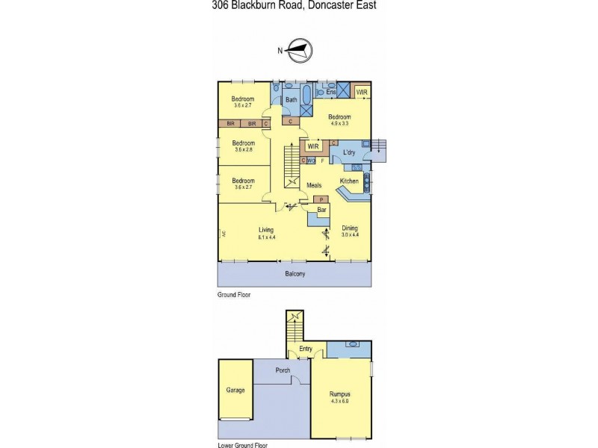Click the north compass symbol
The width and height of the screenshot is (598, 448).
(298, 51)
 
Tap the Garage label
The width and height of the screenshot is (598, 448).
(235, 390)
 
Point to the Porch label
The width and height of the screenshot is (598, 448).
(283, 371)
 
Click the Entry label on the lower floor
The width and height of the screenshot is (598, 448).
(306, 349)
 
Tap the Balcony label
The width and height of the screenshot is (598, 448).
(295, 274)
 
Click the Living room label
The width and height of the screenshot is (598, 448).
(266, 230)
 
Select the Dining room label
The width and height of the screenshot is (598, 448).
(350, 228)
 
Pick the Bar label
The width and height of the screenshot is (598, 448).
(322, 211)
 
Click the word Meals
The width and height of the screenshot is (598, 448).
(315, 185)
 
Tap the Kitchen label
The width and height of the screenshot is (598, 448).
(349, 181)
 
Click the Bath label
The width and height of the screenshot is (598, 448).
(292, 99)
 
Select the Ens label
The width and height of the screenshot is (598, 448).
(331, 92)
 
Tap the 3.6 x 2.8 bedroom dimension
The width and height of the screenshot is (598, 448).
(243, 150)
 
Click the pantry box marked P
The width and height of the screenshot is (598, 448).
(321, 200)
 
